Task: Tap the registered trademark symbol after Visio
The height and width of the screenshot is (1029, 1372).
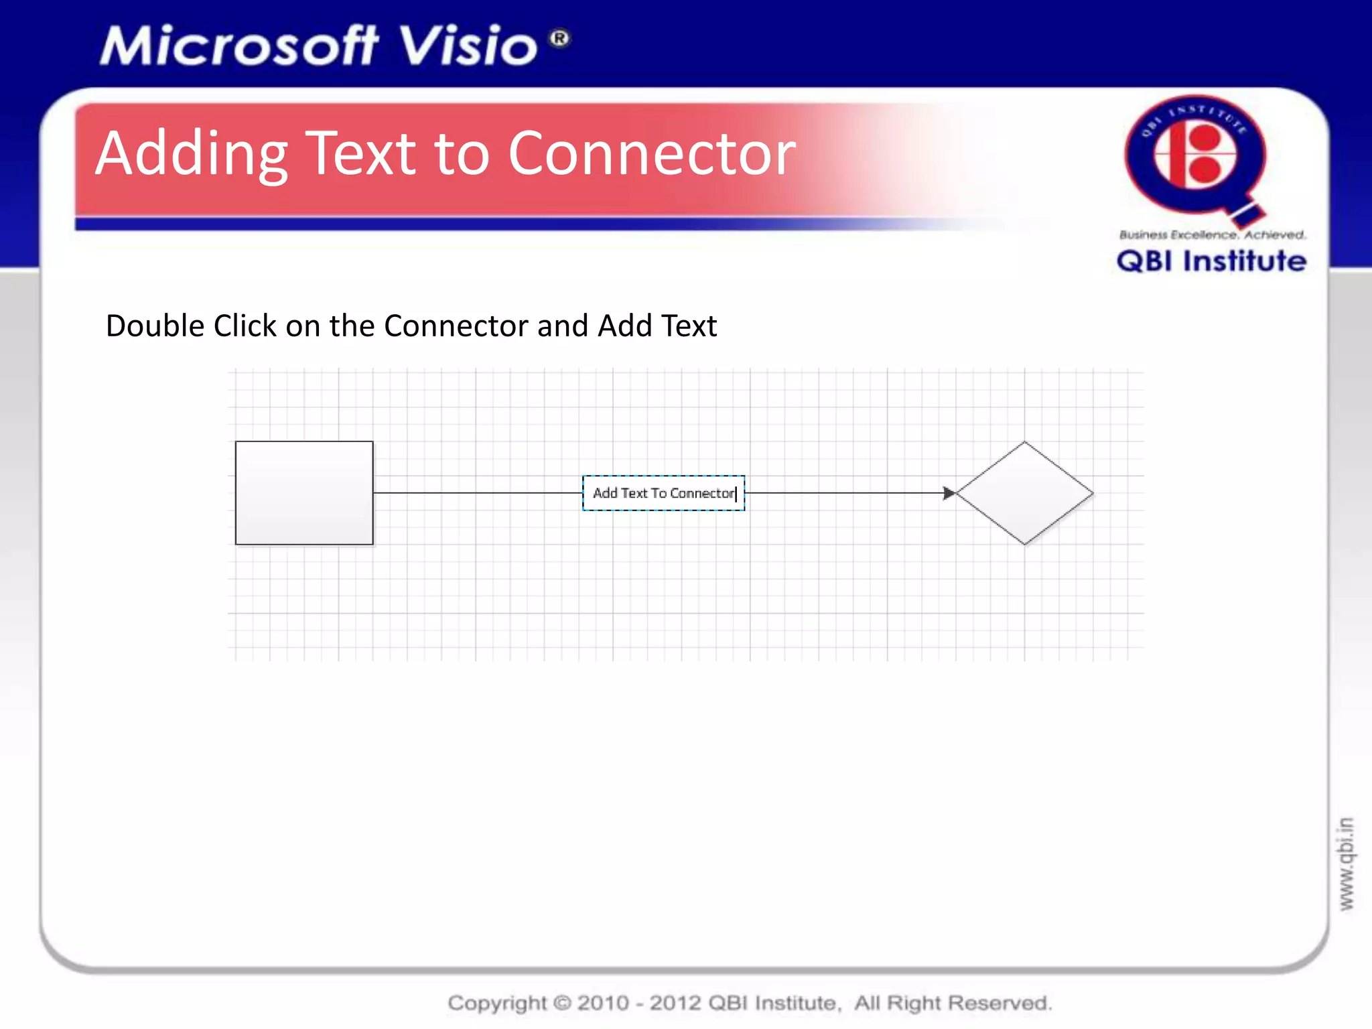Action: pos(560,38)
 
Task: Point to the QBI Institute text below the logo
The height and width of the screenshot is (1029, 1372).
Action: pos(1211,261)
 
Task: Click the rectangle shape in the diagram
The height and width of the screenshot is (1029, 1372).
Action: pos(304,493)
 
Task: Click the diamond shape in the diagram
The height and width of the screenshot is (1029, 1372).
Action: pos(1024,493)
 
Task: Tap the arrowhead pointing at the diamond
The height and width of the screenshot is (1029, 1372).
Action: pos(949,493)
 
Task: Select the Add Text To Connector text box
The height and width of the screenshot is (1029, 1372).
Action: pos(663,493)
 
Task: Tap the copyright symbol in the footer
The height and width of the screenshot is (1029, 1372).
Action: pos(563,1003)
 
